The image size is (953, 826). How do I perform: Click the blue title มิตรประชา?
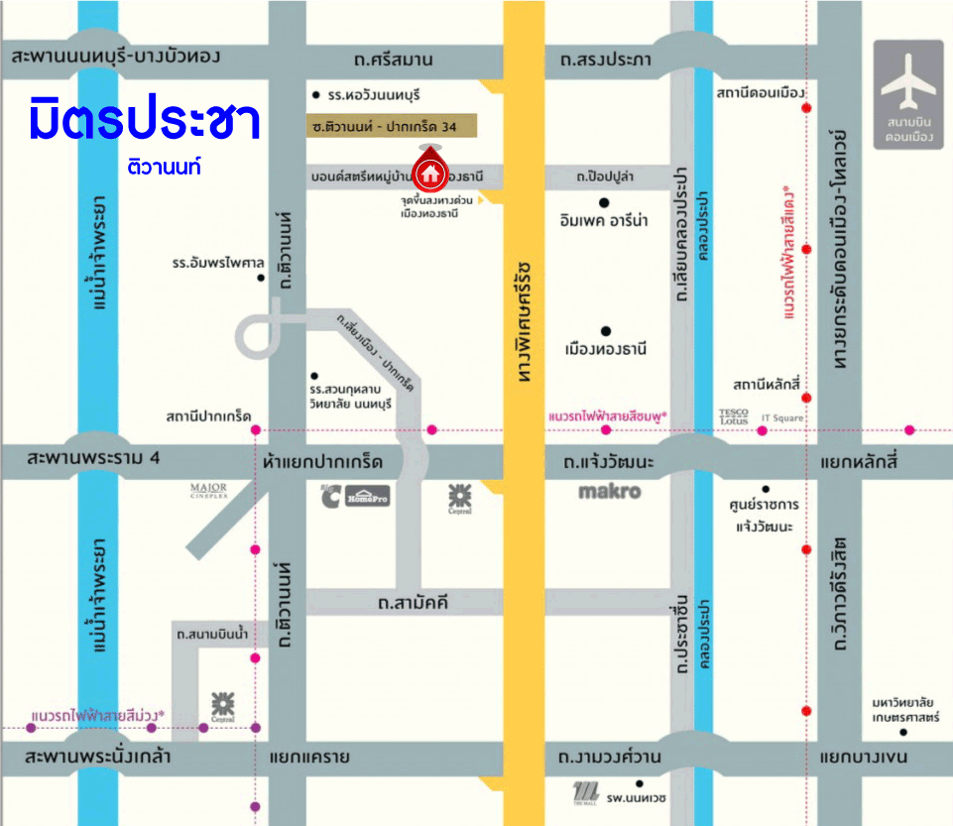(x=145, y=120)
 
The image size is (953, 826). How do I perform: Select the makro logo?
(x=609, y=492)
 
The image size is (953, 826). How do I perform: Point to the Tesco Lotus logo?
(x=734, y=416)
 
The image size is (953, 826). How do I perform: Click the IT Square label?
(x=781, y=418)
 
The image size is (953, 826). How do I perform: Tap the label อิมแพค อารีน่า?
(x=604, y=221)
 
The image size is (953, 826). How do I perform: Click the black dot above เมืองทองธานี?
(x=604, y=331)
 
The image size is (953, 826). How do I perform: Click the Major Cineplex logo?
(x=209, y=490)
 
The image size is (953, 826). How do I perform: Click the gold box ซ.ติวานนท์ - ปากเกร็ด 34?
(x=391, y=127)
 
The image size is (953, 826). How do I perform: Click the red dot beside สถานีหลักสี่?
(x=807, y=398)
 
